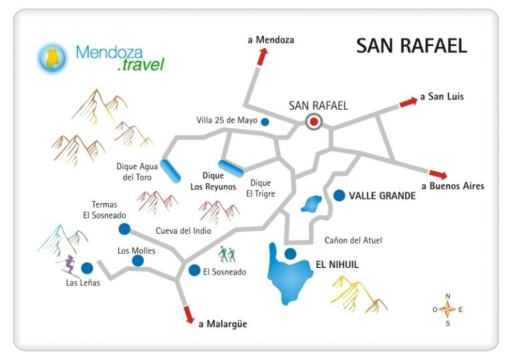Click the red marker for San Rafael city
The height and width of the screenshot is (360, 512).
(x=313, y=121)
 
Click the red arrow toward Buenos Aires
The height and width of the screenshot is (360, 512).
(x=438, y=173)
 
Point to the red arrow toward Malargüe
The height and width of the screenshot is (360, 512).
(x=189, y=313)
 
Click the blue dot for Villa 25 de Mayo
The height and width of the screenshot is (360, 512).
(x=265, y=121)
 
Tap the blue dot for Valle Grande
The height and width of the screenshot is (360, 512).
(x=339, y=195)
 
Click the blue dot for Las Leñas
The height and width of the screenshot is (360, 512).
(x=87, y=269)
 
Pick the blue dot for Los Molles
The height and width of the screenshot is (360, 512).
(x=137, y=261)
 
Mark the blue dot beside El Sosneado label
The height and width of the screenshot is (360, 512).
(x=194, y=271)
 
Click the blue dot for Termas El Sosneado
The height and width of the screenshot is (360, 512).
(x=124, y=229)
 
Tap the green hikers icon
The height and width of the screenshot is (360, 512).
(x=228, y=254)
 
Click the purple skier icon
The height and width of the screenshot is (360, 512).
(x=67, y=266)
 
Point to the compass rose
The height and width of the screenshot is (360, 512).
(x=448, y=309)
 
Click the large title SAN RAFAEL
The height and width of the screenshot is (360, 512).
(x=411, y=46)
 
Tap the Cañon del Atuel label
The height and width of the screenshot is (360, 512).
(x=353, y=240)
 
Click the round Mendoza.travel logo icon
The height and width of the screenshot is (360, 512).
(x=53, y=57)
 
